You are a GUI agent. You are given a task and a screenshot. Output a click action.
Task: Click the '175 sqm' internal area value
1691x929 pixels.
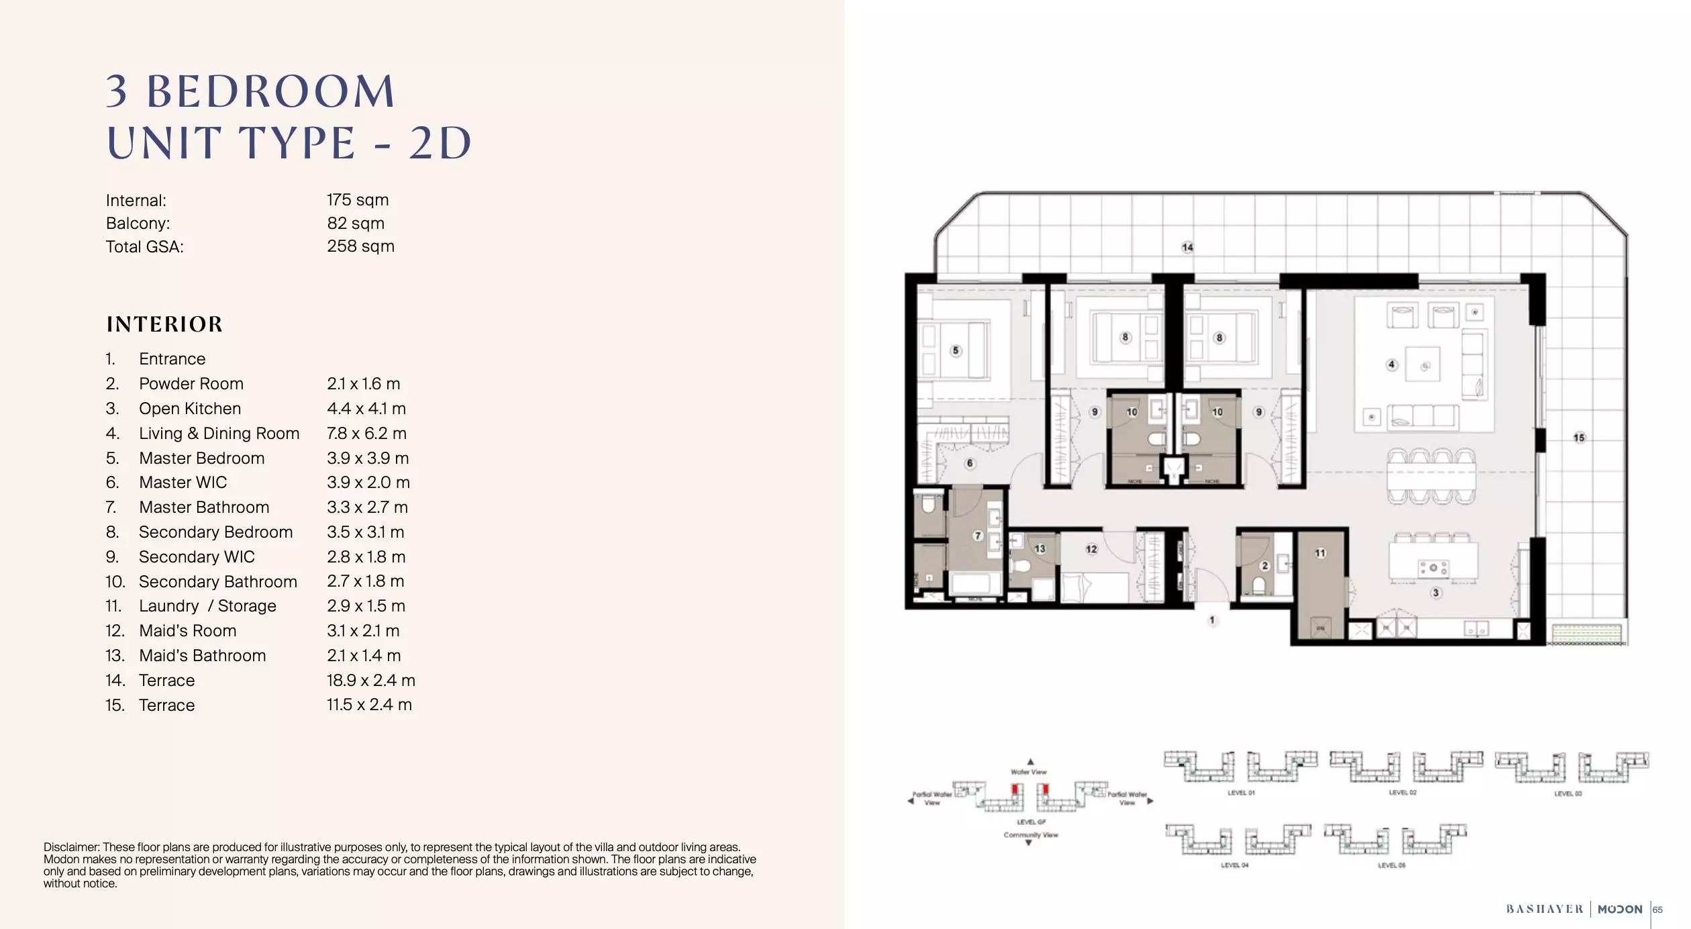pyautogui.click(x=358, y=200)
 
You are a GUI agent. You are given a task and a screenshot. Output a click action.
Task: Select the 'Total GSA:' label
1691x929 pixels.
pyautogui.click(x=144, y=247)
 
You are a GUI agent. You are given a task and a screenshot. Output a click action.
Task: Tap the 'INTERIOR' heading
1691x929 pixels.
pyautogui.click(x=164, y=324)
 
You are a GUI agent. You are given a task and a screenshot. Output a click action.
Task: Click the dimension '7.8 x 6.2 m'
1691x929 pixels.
pyautogui.click(x=366, y=434)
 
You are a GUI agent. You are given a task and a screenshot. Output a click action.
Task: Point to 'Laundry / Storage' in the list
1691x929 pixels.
pyautogui.click(x=207, y=606)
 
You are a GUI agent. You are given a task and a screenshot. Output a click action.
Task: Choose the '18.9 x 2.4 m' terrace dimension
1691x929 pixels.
pyautogui.click(x=370, y=681)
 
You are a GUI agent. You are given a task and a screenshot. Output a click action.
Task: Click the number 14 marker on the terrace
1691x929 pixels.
pyautogui.click(x=1187, y=248)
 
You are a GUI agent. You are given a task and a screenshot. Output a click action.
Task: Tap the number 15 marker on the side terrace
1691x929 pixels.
pyautogui.click(x=1579, y=438)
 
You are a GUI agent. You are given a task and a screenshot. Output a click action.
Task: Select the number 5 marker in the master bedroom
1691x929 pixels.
pyautogui.click(x=956, y=350)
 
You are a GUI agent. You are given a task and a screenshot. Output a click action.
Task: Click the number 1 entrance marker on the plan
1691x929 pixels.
pyautogui.click(x=1212, y=621)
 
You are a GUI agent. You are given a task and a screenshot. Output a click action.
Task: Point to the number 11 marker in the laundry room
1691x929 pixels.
pyautogui.click(x=1320, y=553)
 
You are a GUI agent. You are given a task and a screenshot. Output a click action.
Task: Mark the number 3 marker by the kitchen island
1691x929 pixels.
pyautogui.click(x=1435, y=593)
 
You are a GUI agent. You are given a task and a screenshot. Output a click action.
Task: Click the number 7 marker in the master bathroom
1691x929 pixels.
pyautogui.click(x=978, y=536)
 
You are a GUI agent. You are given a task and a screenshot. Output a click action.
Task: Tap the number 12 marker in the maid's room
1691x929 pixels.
pyautogui.click(x=1091, y=549)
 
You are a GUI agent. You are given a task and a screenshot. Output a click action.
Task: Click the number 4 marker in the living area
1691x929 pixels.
pyautogui.click(x=1391, y=364)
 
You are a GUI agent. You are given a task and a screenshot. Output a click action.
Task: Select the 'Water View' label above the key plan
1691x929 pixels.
pyautogui.click(x=1029, y=772)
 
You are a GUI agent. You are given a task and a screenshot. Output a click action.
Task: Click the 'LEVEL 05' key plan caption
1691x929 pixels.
pyautogui.click(x=1391, y=865)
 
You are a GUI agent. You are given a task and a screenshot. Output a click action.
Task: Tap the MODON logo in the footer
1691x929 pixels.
pyautogui.click(x=1619, y=910)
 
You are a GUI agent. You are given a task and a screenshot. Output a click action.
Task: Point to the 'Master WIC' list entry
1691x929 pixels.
pyautogui.click(x=183, y=483)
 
